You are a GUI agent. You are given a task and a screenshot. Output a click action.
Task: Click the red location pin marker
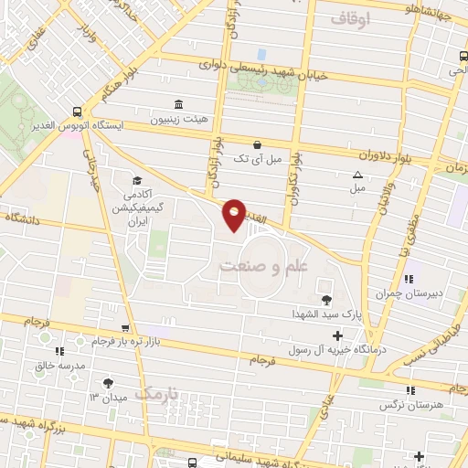pos(235,215)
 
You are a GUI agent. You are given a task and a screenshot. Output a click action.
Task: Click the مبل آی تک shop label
pos(253,159)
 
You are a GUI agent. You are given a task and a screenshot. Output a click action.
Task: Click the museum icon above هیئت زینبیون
pos(177,104)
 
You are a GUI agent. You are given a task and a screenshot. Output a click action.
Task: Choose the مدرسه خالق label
pos(58,364)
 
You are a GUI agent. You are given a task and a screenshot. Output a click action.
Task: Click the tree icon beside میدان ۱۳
pos(111,383)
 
